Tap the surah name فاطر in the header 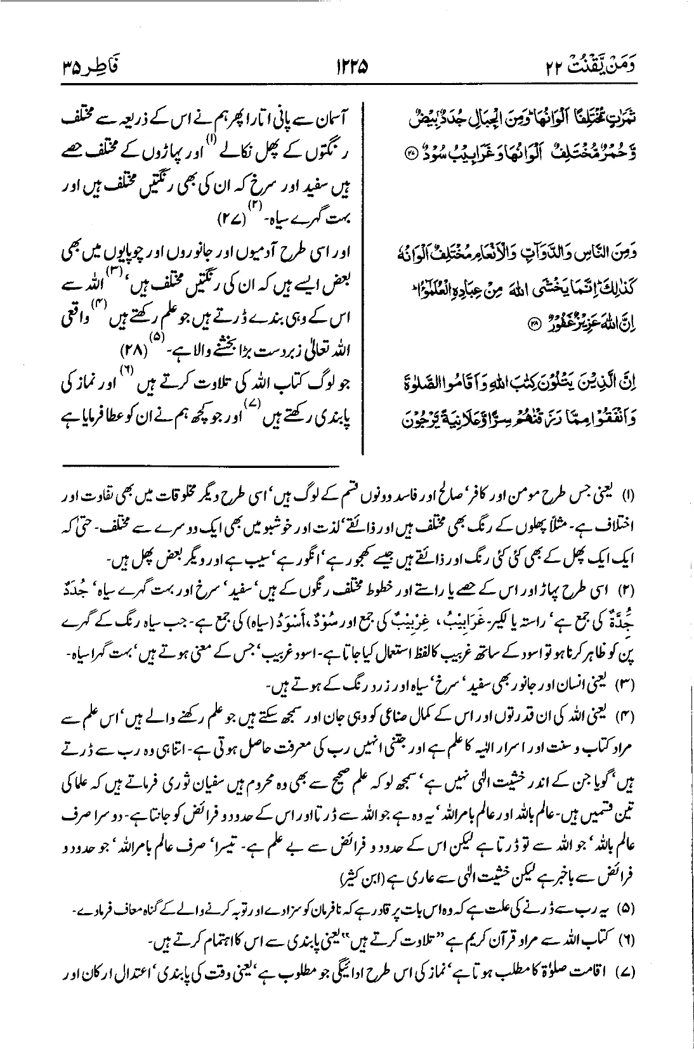click(108, 65)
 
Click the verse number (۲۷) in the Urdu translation click(230, 221)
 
